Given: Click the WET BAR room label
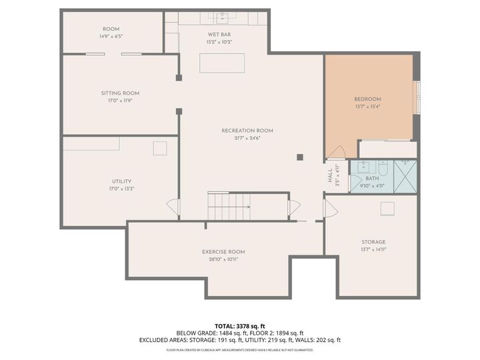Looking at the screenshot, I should [x=219, y=34].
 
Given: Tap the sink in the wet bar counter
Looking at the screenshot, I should [x=226, y=17].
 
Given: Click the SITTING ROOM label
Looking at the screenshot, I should [x=120, y=93].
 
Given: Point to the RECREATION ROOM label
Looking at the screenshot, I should [x=247, y=131].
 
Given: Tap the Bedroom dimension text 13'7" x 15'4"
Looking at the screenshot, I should [x=367, y=107].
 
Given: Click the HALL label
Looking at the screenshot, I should [x=330, y=175].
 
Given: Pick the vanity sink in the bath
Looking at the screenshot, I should [x=364, y=167].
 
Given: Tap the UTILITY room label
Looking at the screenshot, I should [x=121, y=181].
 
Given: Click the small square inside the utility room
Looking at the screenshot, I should [x=160, y=148].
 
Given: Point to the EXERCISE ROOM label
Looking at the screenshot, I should [x=223, y=251].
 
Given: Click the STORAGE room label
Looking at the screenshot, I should [x=374, y=242].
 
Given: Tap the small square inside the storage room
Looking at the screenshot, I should [x=387, y=209].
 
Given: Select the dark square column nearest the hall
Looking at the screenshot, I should [x=300, y=157].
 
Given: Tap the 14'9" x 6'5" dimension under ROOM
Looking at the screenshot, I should [x=111, y=37].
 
